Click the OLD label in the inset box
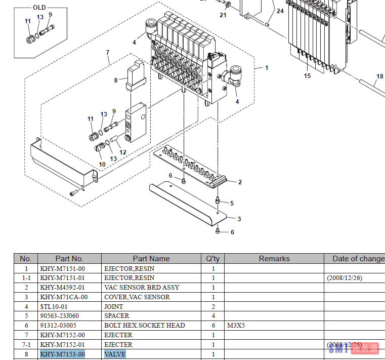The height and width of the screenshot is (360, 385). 39,8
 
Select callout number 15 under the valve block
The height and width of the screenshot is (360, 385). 308,75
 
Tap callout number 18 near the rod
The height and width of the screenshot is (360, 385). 379,77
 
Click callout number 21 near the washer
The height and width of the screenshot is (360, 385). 223,15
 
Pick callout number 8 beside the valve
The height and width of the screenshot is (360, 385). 115,80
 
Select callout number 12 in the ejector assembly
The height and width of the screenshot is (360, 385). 123,152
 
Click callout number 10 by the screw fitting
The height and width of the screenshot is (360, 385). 102,164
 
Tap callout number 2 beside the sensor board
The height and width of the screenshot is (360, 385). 240,182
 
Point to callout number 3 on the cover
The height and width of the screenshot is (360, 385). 239,219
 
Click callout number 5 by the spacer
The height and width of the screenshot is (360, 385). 232,203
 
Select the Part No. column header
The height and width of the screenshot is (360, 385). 69,259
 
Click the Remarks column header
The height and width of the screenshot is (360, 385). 274,259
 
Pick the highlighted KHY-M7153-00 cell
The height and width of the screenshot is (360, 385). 63,354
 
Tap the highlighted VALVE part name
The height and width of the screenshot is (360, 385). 115,354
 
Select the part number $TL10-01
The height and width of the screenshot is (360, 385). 54,306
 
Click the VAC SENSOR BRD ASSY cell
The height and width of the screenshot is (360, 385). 142,288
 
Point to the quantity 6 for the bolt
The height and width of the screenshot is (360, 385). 213,326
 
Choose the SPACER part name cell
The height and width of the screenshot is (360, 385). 117,316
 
